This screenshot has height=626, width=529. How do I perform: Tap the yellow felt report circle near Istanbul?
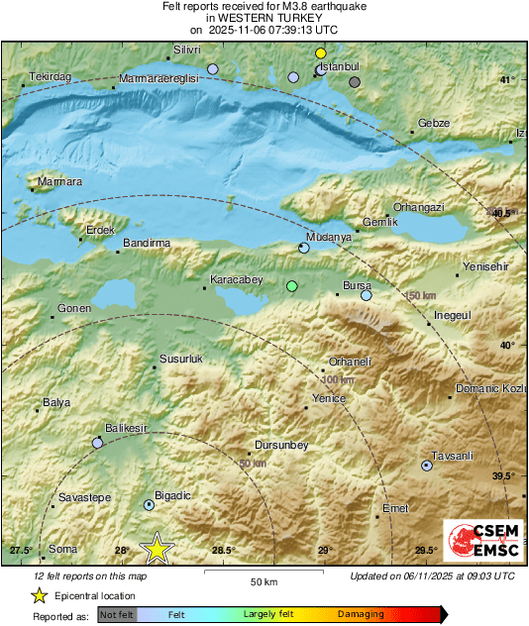pyautogui.click(x=320, y=52)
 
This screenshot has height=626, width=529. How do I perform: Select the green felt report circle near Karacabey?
pyautogui.click(x=291, y=286)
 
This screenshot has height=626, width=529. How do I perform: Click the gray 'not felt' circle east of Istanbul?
pyautogui.click(x=355, y=82)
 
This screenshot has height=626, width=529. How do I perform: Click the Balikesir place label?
pyautogui.click(x=126, y=428)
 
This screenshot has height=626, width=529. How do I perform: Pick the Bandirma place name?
pyautogui.click(x=147, y=243)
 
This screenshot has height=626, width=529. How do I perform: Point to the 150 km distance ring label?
pyautogui.click(x=420, y=296)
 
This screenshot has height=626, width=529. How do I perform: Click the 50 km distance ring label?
pyautogui.click(x=253, y=464)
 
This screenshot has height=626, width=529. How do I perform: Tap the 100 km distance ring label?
pyautogui.click(x=338, y=380)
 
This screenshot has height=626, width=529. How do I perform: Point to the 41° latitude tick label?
pyautogui.click(x=507, y=80)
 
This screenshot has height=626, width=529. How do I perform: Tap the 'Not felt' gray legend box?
pyautogui.click(x=117, y=615)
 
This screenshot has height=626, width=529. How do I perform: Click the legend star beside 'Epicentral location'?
pyautogui.click(x=39, y=595)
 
